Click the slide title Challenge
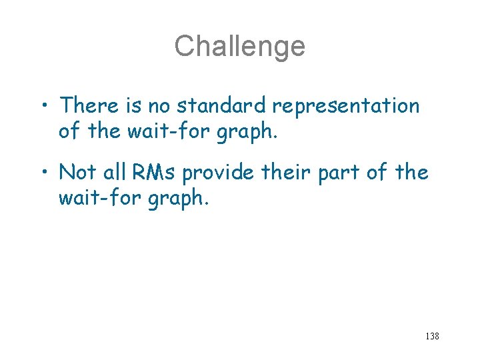click(240, 46)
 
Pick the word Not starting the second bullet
click(78, 172)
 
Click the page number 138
click(431, 336)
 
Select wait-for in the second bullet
click(88, 198)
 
